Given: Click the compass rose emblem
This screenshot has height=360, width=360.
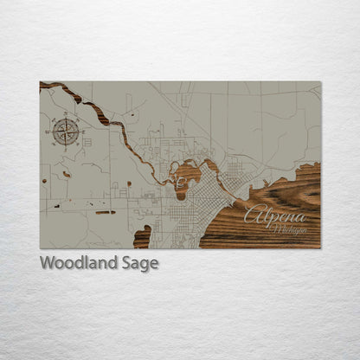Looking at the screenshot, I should pos(65,132).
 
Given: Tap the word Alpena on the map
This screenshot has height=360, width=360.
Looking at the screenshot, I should pos(274,215).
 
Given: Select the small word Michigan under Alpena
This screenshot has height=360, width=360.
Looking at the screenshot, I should pos(289,229).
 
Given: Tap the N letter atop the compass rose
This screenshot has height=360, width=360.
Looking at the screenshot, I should pos(65,119).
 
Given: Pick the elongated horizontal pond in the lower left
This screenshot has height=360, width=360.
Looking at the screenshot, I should pos(105,212).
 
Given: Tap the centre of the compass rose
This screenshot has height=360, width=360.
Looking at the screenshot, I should pos(65,132).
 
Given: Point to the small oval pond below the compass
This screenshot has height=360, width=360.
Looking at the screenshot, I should pos(67,175).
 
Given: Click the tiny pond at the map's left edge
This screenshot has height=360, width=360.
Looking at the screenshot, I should pos(43,182).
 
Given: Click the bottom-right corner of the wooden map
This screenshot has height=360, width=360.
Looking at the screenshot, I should pos(319,247).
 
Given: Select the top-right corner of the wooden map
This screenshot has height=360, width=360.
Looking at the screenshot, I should pos(319,82).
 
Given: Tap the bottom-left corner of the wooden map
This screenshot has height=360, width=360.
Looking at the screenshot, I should pos(41,247).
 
